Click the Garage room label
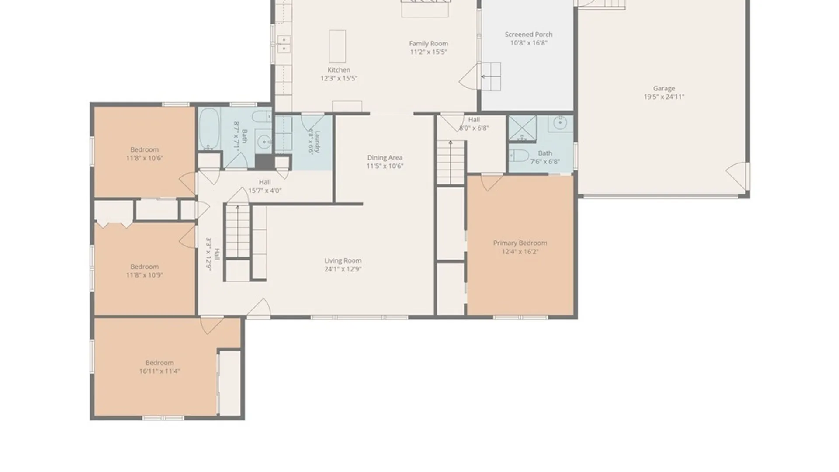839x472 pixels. tap(664, 88)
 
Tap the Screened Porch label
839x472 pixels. tap(529, 35)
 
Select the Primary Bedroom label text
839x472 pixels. tap(520, 243)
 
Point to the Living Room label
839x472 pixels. tap(343, 261)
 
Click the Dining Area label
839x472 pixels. tap(385, 158)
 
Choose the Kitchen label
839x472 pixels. tap(339, 70)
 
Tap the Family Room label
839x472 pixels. tap(428, 44)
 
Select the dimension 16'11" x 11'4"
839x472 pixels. tap(159, 371)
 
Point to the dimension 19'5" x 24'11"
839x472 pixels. tap(664, 97)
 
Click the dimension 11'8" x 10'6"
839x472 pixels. tap(144, 158)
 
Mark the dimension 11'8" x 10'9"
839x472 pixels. tap(144, 275)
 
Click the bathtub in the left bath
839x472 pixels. tap(209, 129)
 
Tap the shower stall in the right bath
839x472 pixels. tap(523, 128)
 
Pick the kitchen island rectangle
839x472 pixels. tap(337, 46)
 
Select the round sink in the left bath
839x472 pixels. tap(263, 142)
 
